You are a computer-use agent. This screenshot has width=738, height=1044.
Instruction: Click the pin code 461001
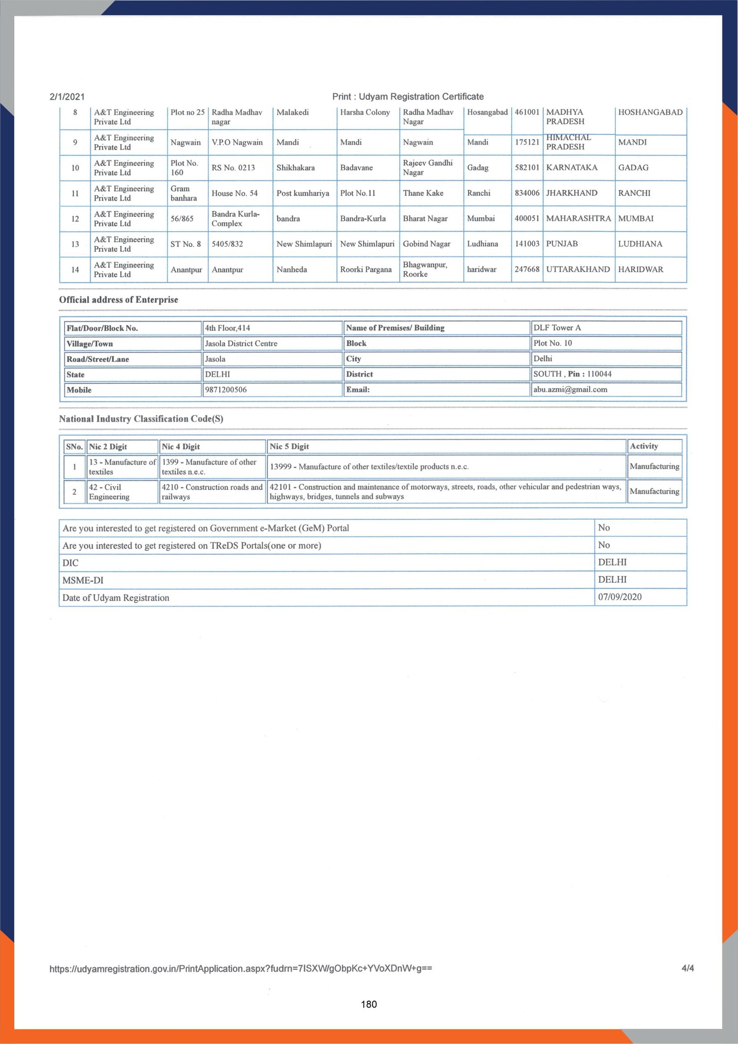[527, 112]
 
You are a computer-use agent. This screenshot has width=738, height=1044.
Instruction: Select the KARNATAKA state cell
[571, 167]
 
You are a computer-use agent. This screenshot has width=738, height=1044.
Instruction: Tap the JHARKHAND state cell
[571, 193]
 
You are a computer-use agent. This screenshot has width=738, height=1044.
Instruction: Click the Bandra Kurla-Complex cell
[235, 219]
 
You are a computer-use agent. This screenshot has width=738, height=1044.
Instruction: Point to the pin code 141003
[527, 244]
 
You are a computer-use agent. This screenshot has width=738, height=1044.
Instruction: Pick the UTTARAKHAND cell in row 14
[577, 269]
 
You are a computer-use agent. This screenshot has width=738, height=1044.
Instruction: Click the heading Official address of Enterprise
[119, 300]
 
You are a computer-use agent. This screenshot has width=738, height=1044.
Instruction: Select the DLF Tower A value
[557, 328]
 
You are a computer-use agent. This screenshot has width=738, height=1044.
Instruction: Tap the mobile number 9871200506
[226, 390]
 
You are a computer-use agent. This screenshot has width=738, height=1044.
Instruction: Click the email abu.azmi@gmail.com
[570, 389]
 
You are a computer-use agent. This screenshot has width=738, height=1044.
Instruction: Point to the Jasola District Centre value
[241, 343]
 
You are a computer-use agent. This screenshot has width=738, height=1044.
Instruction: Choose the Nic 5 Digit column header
[289, 447]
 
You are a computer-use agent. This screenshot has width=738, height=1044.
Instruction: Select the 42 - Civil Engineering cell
[109, 492]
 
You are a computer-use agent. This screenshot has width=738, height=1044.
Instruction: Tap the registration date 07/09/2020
[619, 597]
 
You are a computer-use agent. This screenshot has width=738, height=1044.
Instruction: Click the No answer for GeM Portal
[604, 528]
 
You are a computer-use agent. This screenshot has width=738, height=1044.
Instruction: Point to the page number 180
[369, 1004]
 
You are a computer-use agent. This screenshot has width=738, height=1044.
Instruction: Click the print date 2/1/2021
[67, 96]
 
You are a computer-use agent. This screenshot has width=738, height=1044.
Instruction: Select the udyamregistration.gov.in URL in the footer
[240, 968]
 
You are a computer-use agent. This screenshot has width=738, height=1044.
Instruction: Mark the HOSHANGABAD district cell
[650, 112]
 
